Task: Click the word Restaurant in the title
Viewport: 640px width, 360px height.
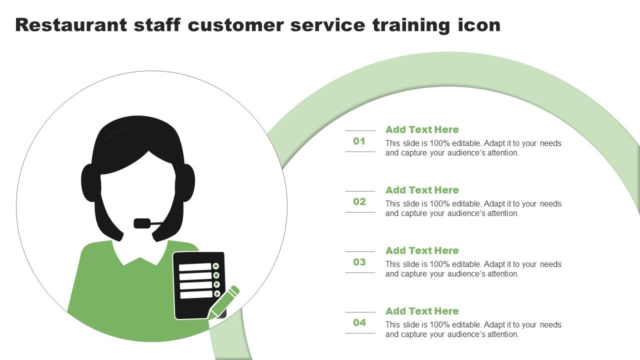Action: coord(71,24)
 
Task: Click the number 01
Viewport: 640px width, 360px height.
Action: coord(359,141)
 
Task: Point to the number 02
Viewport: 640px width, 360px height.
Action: coord(359,202)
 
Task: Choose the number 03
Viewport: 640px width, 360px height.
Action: coord(359,262)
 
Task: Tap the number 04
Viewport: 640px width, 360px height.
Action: coord(359,323)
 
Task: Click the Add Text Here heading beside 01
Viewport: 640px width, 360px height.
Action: coord(422,130)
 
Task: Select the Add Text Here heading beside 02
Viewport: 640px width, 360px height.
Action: coord(422,190)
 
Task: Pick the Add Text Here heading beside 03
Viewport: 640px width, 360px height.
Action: coord(422,251)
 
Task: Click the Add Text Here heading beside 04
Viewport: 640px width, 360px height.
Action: coord(422,311)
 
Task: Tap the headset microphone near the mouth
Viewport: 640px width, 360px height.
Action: coord(142,223)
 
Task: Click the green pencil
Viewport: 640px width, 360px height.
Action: coord(224,301)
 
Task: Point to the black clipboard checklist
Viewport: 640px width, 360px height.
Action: coord(198,285)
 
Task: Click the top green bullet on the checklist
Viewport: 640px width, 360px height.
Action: coord(216,266)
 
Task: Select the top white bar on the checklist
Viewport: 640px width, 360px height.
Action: coord(195,267)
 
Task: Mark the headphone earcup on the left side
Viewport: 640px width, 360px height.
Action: coord(89,183)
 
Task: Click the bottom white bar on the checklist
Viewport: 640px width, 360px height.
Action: coord(196,294)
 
